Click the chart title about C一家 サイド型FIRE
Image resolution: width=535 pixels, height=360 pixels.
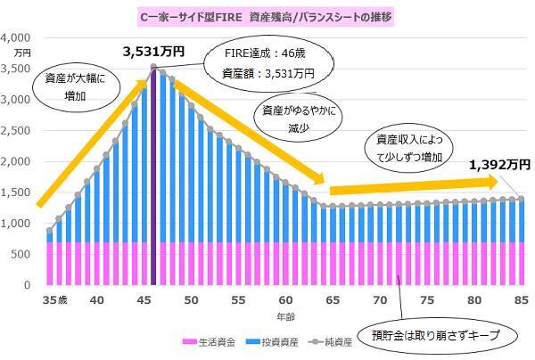pos(267,15)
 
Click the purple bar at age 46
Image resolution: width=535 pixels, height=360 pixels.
pos(153,178)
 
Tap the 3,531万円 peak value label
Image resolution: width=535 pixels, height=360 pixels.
pos(153,52)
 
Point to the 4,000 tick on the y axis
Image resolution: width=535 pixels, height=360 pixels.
pos(17,37)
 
